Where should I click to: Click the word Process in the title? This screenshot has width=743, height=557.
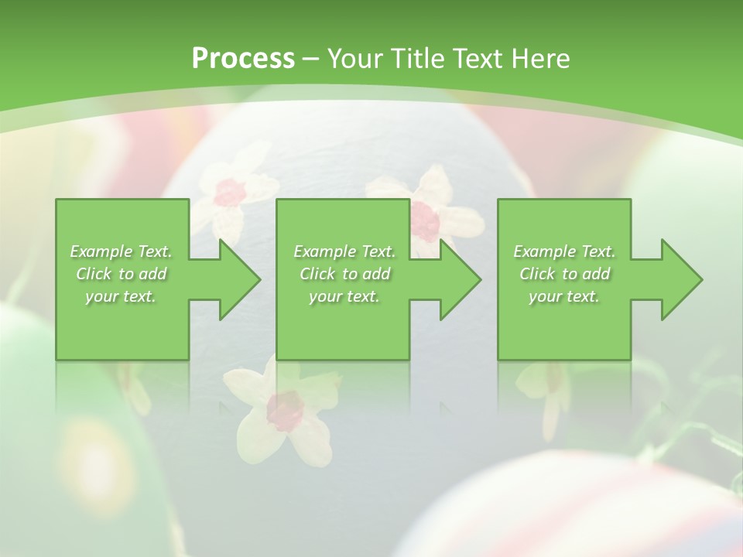tap(243, 59)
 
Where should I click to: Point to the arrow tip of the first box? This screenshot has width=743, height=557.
tap(259, 279)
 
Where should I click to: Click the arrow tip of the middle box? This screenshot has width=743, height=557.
tap(479, 279)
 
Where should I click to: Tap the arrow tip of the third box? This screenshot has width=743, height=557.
tap(700, 279)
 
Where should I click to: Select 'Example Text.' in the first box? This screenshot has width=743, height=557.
tap(121, 251)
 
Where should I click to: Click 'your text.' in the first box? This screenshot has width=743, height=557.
tap(121, 296)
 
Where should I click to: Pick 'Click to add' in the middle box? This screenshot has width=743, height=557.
tap(344, 274)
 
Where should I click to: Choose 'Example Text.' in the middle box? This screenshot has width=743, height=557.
tap(344, 251)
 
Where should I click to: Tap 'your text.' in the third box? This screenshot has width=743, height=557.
tap(564, 296)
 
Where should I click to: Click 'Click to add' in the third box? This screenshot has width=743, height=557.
tap(564, 274)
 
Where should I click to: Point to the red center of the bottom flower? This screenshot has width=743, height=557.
tap(286, 411)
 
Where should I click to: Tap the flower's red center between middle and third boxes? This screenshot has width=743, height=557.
tap(424, 220)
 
